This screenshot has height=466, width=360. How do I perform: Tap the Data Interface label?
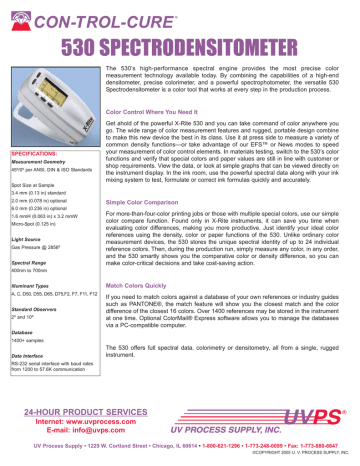click(24, 352)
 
